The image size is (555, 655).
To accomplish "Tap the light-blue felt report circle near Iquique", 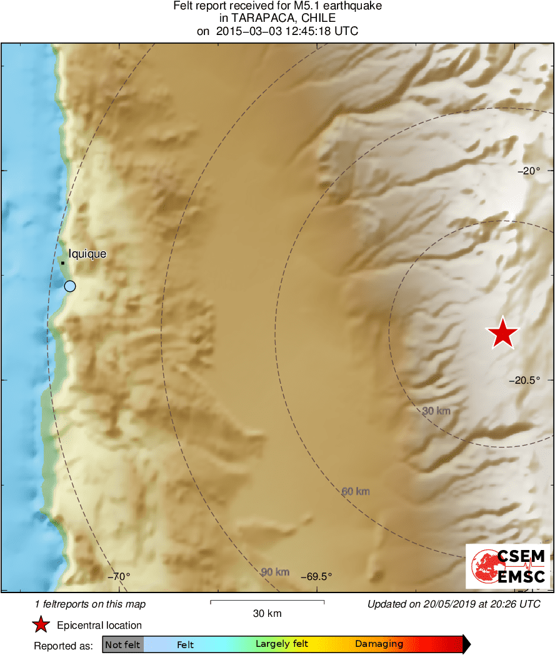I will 70,286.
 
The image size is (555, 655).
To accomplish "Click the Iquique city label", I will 87,254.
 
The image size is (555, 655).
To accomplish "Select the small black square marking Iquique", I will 63,262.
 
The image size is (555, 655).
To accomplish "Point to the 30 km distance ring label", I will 436,411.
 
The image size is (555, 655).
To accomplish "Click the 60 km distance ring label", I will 356,491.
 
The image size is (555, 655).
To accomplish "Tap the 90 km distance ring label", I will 275,572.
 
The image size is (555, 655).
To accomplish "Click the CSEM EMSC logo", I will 508,566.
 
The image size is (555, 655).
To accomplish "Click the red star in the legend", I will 41,624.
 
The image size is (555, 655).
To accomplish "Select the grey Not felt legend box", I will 123,644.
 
